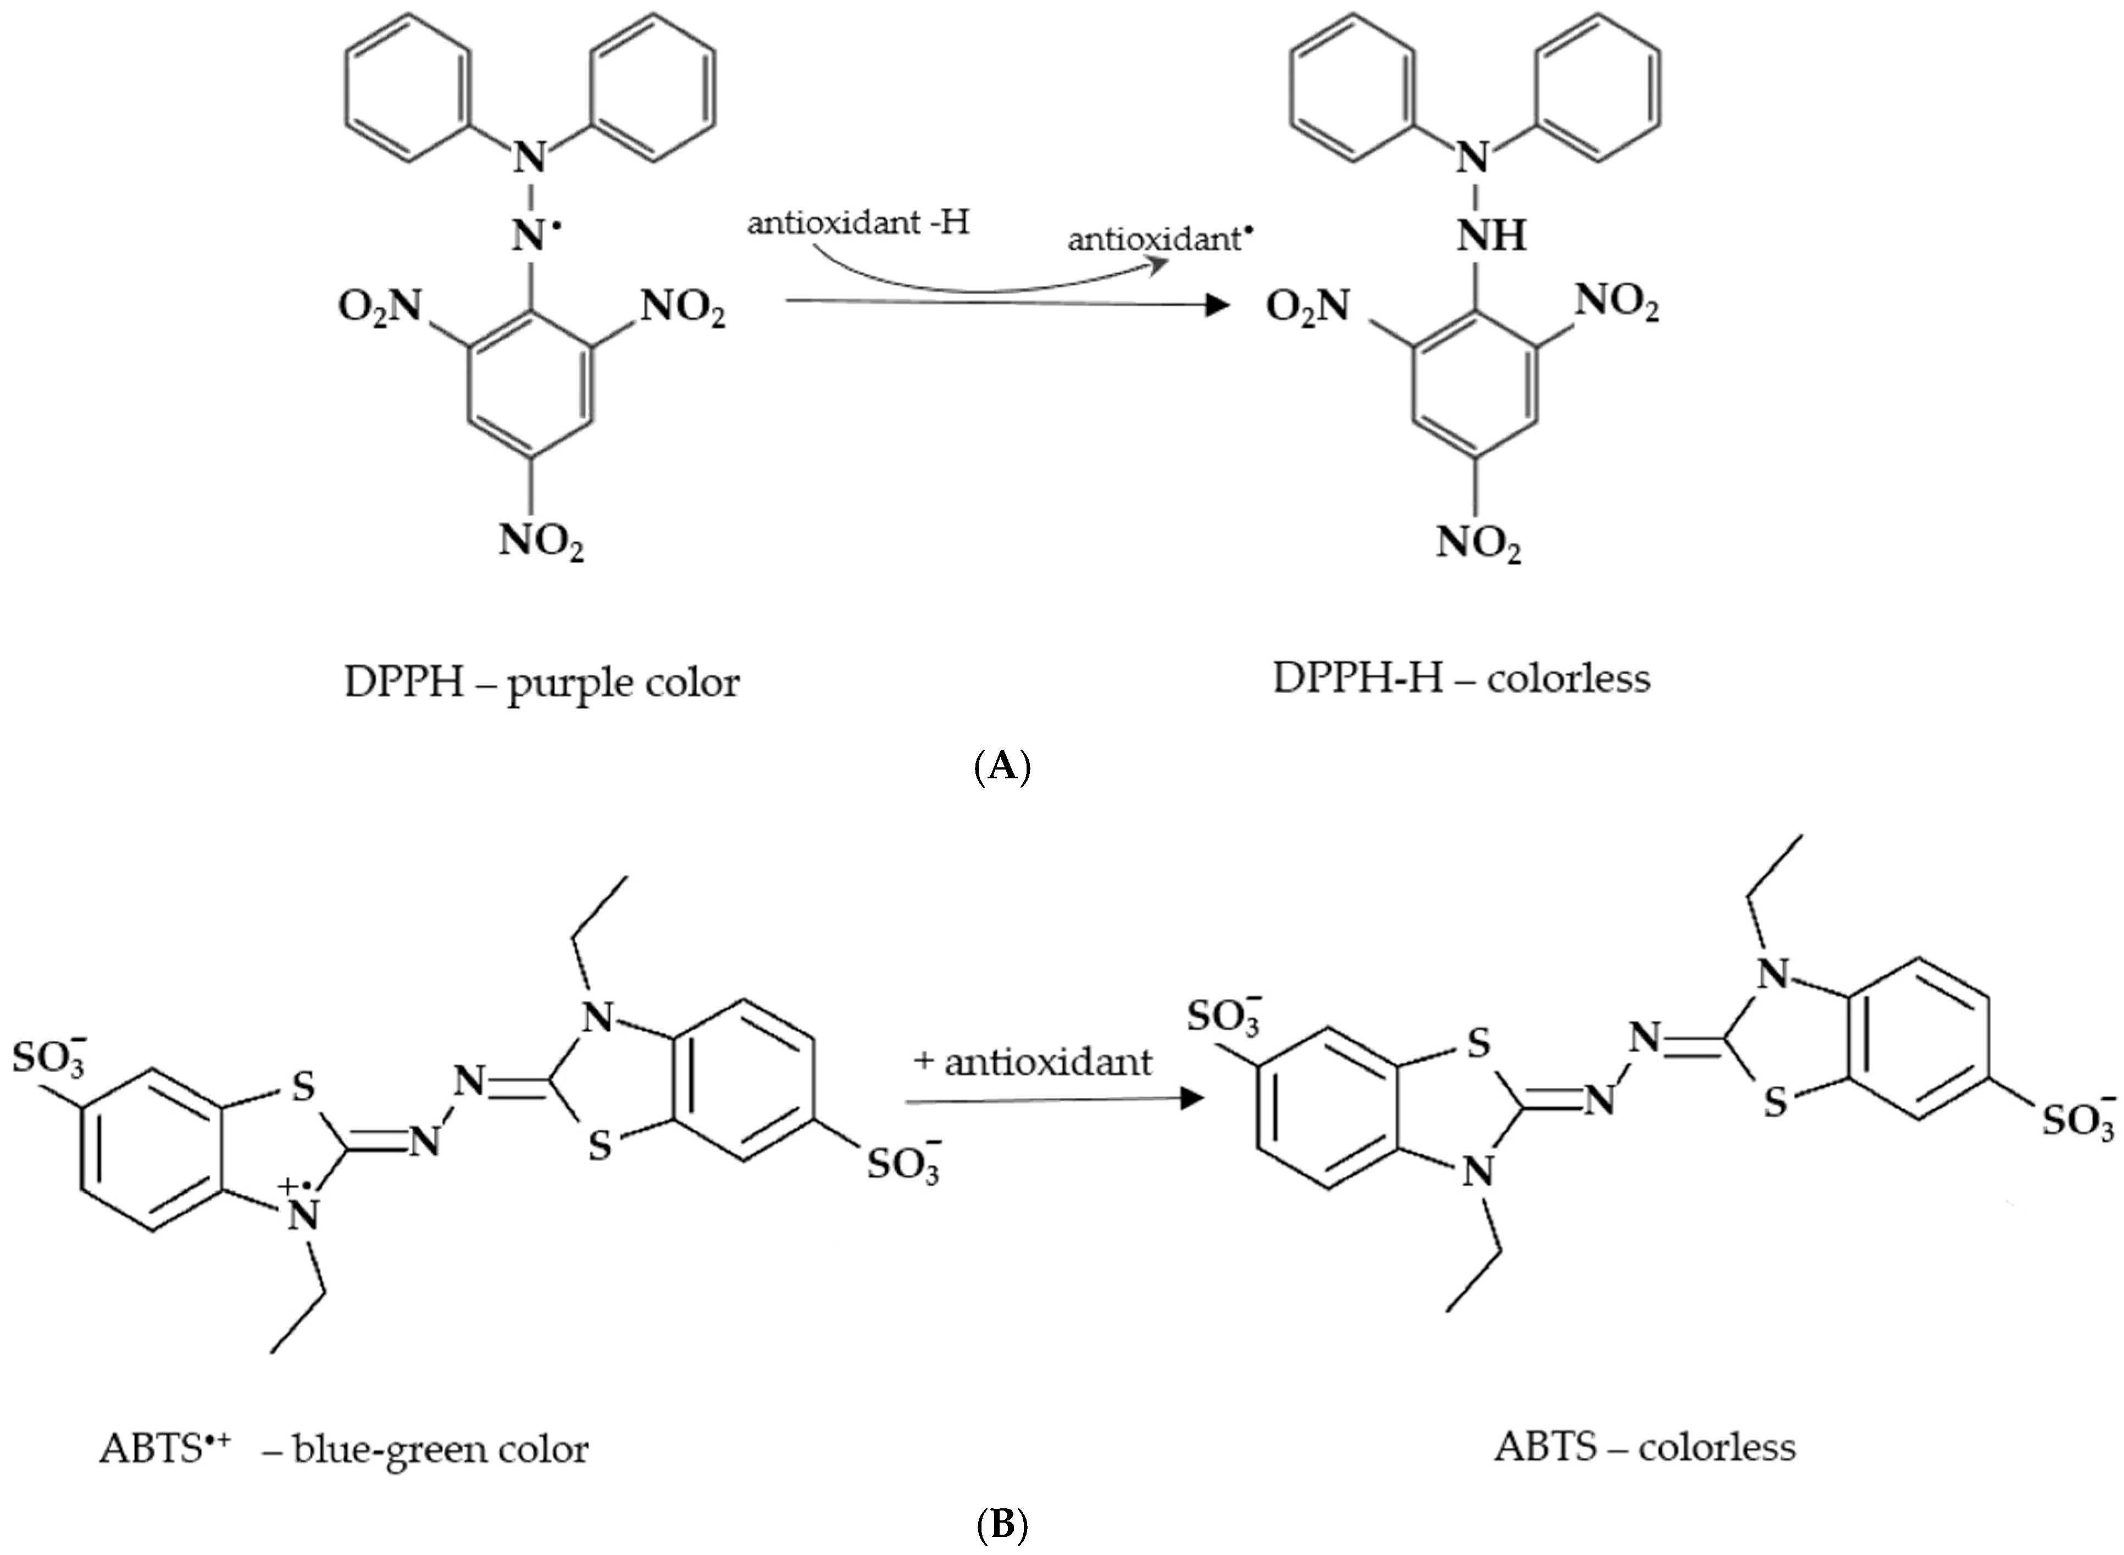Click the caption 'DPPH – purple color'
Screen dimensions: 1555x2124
(x=541, y=682)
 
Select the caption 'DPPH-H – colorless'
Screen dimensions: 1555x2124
(x=1461, y=678)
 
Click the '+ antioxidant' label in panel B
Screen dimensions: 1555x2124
(x=1032, y=1062)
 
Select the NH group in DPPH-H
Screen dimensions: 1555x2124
(x=1491, y=235)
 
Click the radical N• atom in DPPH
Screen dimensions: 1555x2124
(x=531, y=235)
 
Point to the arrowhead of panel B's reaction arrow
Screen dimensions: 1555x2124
(x=1193, y=1099)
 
